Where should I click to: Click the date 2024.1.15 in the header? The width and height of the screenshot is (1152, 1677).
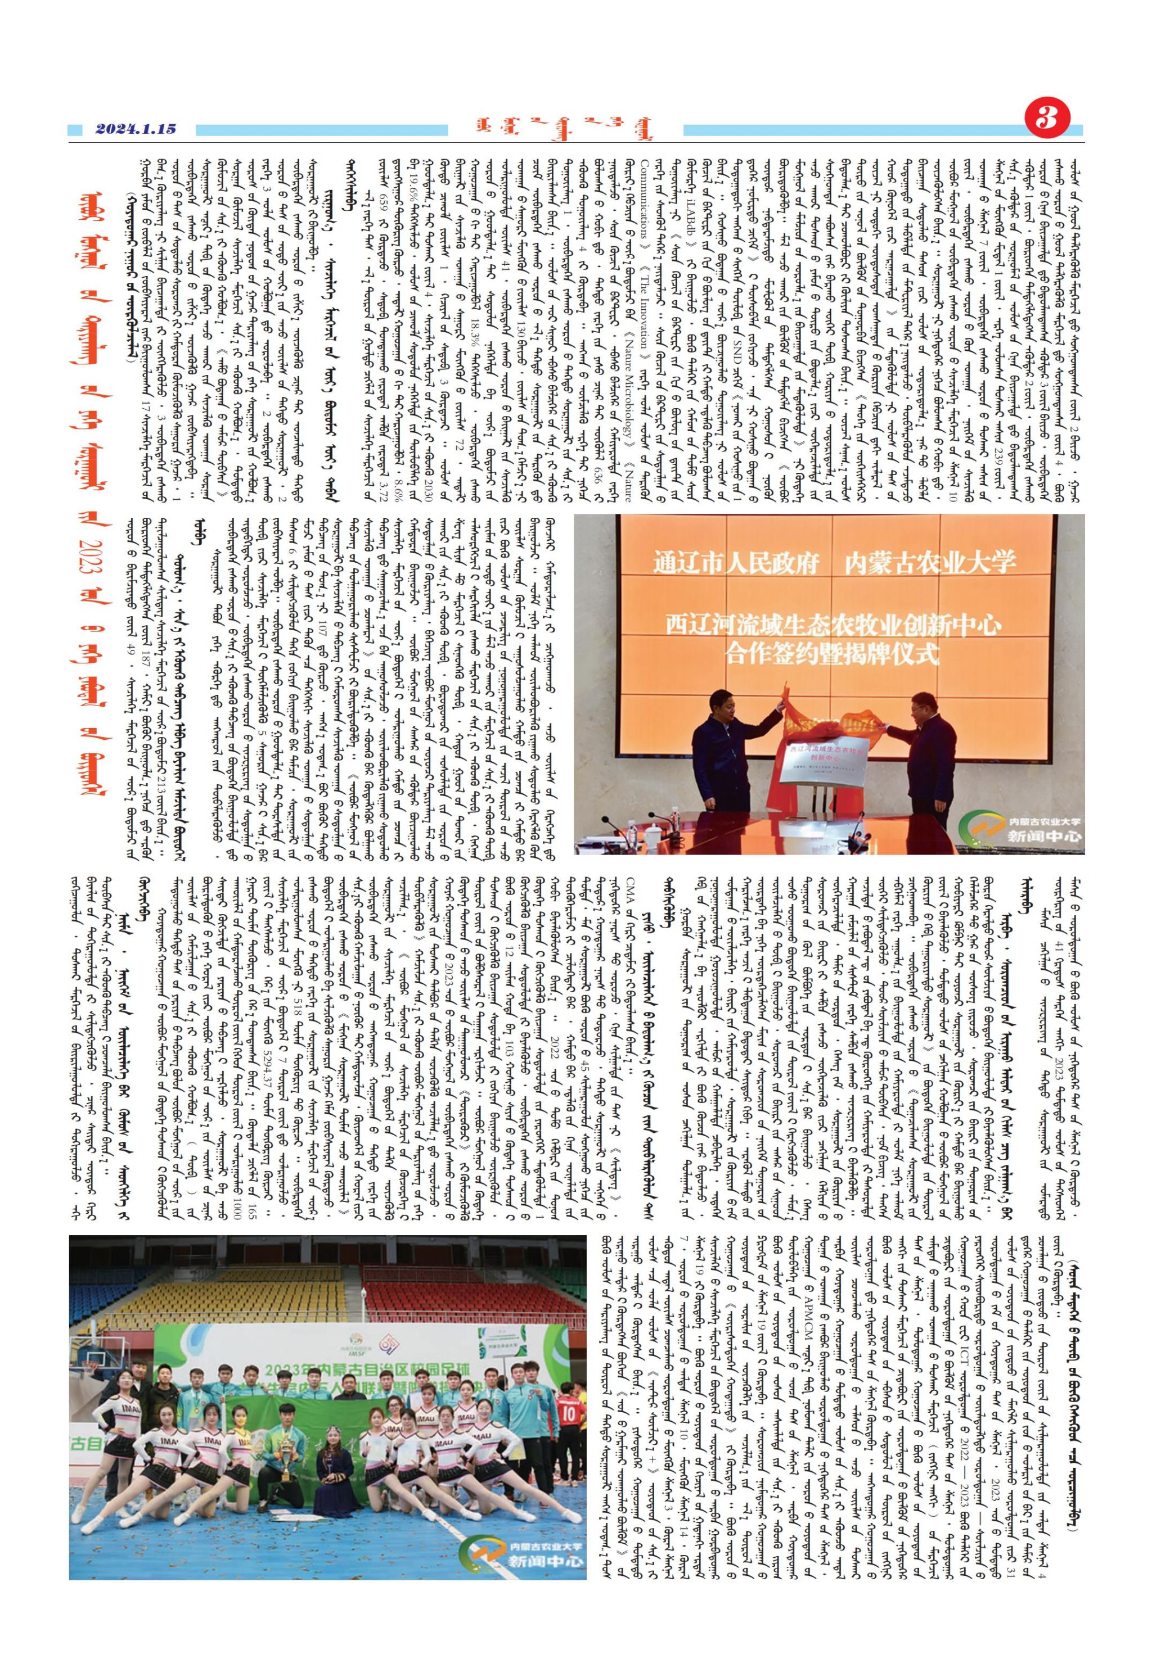135,130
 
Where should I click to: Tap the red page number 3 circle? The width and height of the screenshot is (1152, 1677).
1045,120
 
